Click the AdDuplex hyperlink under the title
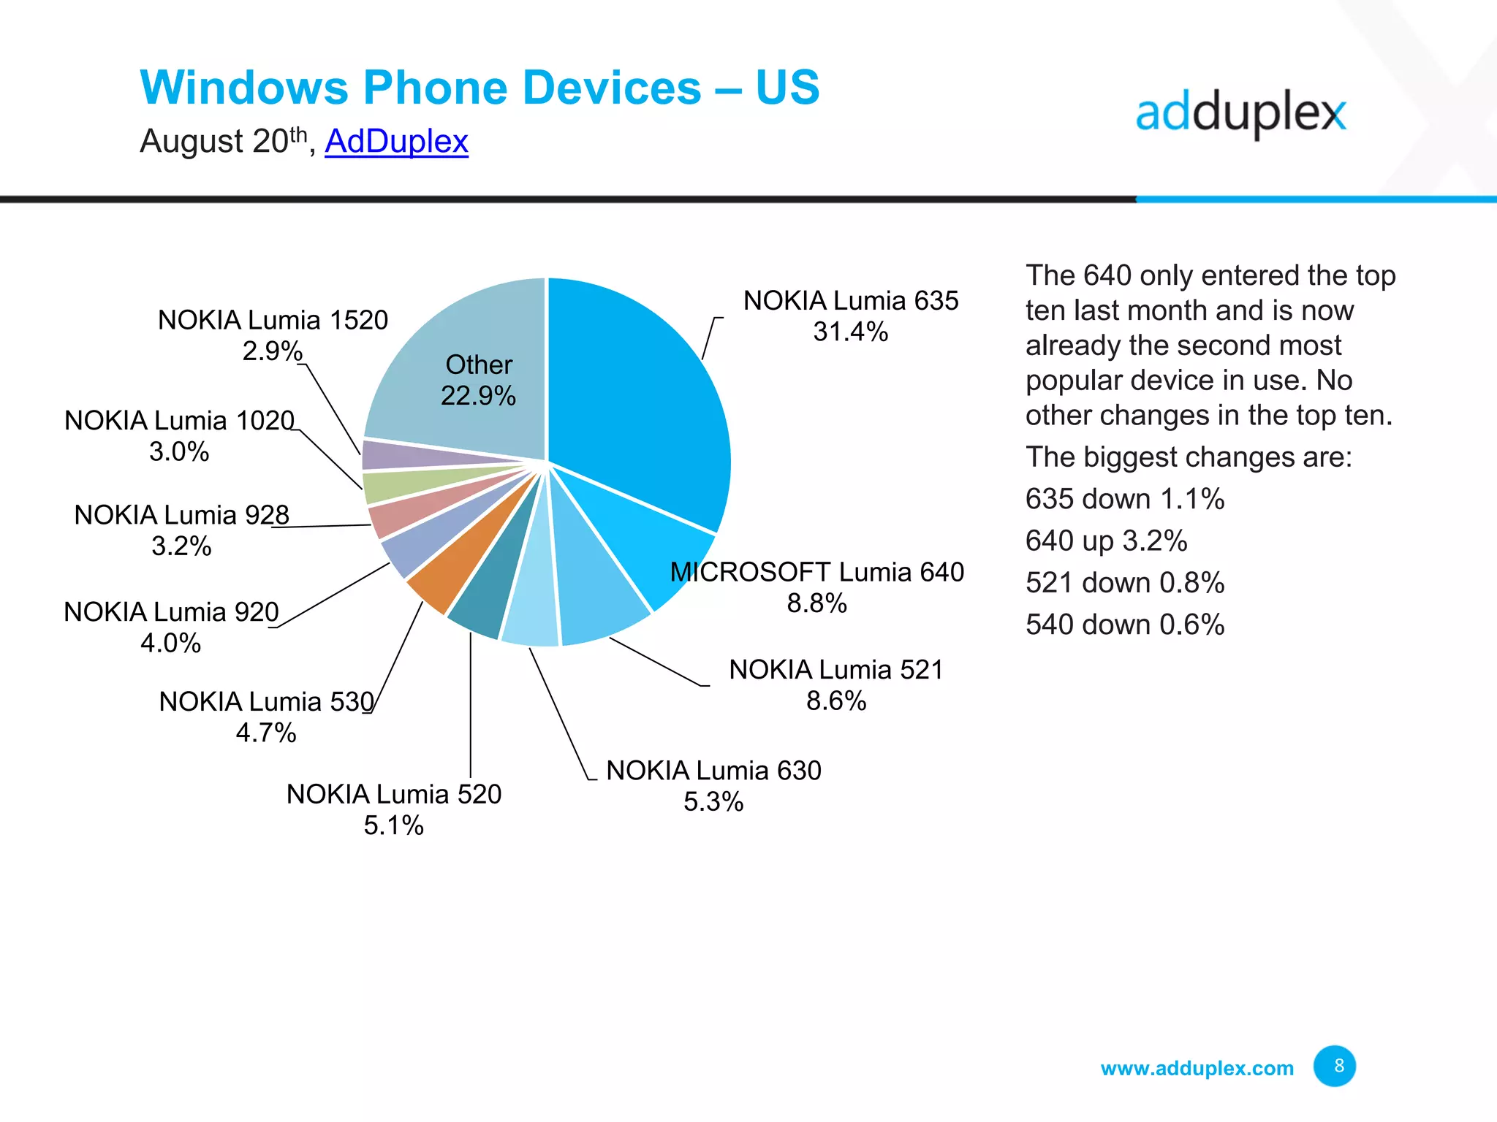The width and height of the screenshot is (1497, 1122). (x=396, y=141)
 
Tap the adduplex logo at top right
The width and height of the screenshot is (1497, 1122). (x=1240, y=114)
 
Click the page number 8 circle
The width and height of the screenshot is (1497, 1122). (x=1334, y=1066)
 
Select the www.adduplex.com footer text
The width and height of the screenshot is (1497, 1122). (x=1197, y=1069)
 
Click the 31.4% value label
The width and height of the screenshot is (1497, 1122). (x=850, y=332)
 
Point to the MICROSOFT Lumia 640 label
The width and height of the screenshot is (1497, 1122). (x=816, y=572)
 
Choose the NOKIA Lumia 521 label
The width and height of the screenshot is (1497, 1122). (x=835, y=670)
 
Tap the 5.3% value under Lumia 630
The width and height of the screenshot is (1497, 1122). (x=713, y=802)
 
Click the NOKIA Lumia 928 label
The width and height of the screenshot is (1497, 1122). (x=181, y=515)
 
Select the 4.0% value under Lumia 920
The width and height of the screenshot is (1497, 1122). (x=170, y=644)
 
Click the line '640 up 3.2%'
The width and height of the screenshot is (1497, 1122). (x=1105, y=541)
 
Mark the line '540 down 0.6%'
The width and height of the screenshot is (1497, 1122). (x=1124, y=625)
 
